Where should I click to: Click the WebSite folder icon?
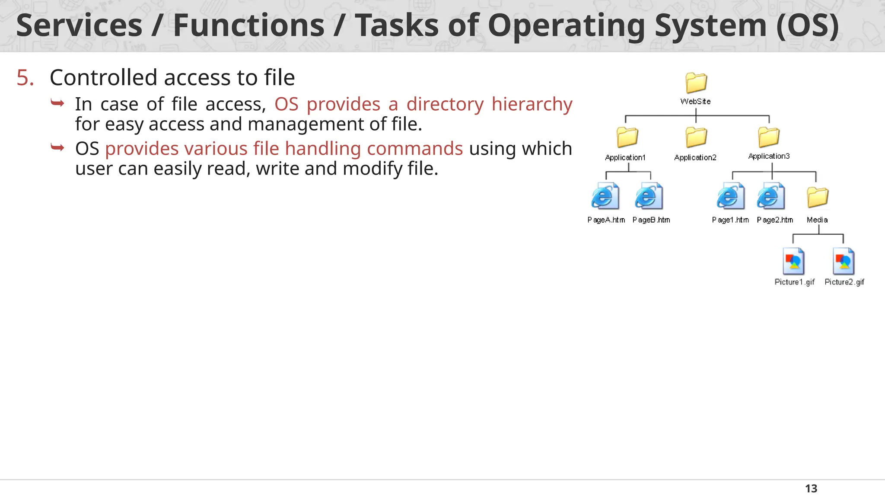point(696,83)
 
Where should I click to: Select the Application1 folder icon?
point(627,137)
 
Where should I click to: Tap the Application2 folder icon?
point(696,137)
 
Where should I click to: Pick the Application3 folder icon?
point(769,137)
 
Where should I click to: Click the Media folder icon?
point(817,197)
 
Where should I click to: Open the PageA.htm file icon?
point(605,196)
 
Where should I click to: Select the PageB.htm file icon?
point(649,196)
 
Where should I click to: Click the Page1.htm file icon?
point(730,196)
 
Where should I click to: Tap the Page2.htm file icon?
point(770,196)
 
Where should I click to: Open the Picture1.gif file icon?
point(793,261)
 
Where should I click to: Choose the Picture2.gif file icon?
point(844,261)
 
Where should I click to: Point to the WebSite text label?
point(695,102)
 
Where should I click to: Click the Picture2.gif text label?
point(844,282)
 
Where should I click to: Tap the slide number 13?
point(811,488)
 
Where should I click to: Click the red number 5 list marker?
point(25,78)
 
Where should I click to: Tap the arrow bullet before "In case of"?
point(57,103)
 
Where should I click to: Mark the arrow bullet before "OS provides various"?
point(57,148)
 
